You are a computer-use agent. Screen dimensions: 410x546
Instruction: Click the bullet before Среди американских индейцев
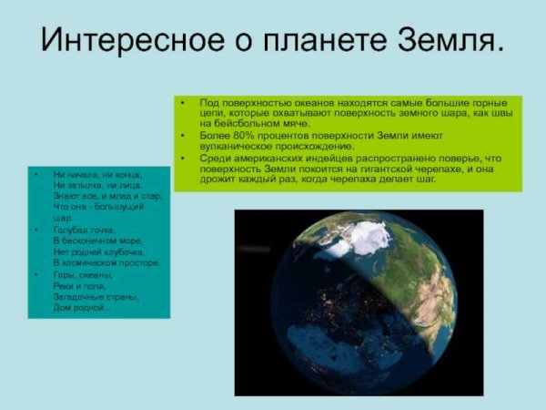click(183, 158)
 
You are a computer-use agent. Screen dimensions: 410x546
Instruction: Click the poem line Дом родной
click(82, 307)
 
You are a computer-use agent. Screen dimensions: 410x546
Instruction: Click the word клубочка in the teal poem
click(121, 252)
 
